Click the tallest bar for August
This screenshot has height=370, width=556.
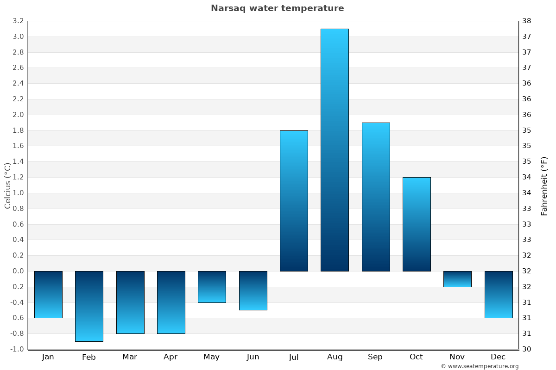(x=335, y=150)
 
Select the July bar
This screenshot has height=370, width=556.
(x=294, y=201)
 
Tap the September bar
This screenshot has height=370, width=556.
(x=376, y=197)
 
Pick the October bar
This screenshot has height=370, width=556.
(x=417, y=224)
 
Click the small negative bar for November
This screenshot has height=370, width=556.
(x=457, y=279)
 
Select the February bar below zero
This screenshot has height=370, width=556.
(x=89, y=306)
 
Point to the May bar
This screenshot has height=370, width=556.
(x=212, y=287)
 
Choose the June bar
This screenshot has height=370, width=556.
(x=253, y=290)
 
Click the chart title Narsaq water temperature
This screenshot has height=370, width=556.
(x=278, y=8)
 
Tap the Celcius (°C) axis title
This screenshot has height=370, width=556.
(x=7, y=185)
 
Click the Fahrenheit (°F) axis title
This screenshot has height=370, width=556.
(x=544, y=186)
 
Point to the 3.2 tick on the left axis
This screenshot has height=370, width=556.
(x=18, y=21)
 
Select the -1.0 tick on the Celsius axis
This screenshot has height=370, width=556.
(x=17, y=349)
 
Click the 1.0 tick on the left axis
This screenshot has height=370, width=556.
(x=18, y=193)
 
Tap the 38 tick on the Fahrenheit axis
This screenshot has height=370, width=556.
(x=526, y=21)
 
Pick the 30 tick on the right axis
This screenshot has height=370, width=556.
(x=526, y=349)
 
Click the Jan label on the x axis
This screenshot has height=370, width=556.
(x=48, y=357)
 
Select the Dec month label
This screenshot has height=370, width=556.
(x=498, y=357)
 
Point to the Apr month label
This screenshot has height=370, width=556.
(x=171, y=357)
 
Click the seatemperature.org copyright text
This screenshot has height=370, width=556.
(x=480, y=366)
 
